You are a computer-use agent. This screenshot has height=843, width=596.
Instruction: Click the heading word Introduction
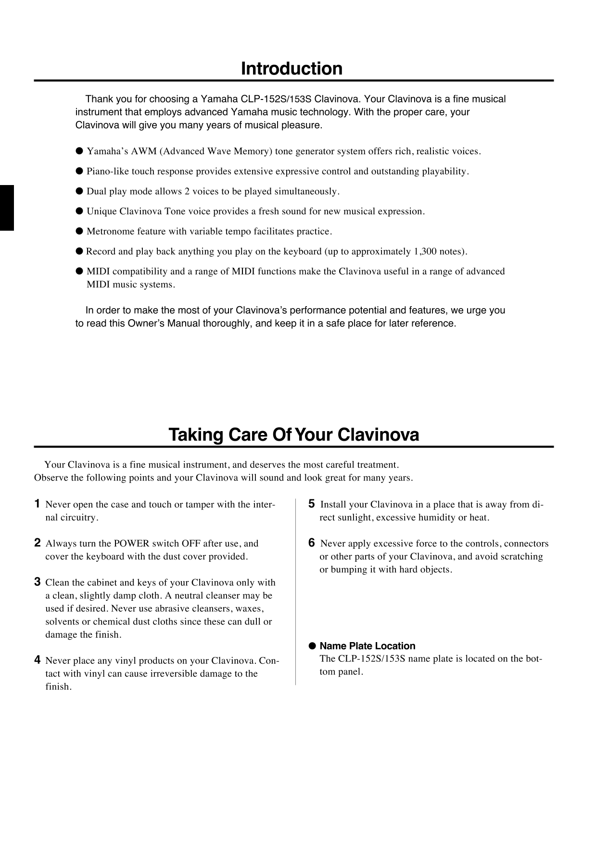click(292, 69)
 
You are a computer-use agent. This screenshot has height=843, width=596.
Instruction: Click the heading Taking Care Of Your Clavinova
click(293, 435)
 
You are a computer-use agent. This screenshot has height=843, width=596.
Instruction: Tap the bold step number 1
click(37, 504)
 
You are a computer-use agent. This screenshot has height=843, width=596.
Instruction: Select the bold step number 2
click(37, 543)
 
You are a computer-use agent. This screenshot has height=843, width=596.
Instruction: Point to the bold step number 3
click(37, 582)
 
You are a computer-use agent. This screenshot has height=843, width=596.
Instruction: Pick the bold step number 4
click(37, 660)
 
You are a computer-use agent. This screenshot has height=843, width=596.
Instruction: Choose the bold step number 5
click(312, 504)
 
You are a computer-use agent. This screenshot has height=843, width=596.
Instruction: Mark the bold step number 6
click(312, 543)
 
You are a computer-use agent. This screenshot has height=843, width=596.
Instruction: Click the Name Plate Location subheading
click(368, 646)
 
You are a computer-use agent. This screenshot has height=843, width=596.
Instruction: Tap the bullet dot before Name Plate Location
click(312, 646)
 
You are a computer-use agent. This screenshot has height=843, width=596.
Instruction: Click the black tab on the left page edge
click(7, 208)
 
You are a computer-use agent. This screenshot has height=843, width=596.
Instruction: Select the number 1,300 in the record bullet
click(425, 252)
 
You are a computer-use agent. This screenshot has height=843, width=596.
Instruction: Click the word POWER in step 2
click(131, 544)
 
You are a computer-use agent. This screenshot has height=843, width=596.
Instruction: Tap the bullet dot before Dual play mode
click(79, 191)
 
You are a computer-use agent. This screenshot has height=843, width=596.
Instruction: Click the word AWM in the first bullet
click(143, 151)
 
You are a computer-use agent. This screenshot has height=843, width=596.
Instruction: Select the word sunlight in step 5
click(355, 518)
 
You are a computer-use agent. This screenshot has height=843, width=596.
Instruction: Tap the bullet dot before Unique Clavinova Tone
click(79, 211)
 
